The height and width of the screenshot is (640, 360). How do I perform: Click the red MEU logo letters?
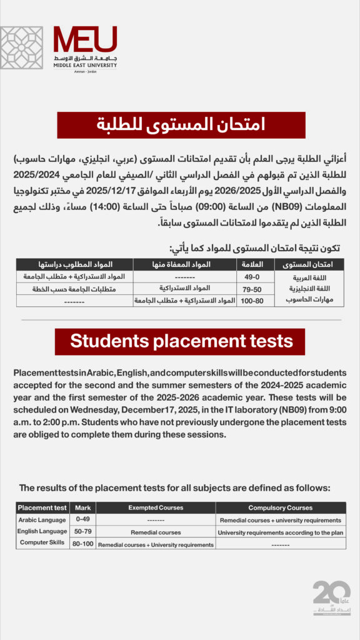(x=85, y=40)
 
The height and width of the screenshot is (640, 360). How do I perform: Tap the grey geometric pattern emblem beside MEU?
(x=22, y=47)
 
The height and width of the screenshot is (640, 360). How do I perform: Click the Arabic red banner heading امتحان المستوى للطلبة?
(x=181, y=125)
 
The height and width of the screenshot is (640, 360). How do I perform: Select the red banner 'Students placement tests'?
(x=180, y=341)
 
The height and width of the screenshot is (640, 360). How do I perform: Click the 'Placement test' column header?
(x=42, y=507)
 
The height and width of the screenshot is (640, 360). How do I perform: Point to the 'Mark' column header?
(x=82, y=507)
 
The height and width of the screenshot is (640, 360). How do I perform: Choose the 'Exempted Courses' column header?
(x=156, y=507)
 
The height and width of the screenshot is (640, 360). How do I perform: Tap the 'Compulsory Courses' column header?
(x=280, y=507)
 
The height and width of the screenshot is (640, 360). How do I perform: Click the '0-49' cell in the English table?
(x=82, y=520)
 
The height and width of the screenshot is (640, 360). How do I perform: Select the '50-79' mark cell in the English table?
(x=82, y=532)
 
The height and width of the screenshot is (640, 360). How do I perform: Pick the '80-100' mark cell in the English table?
(x=82, y=544)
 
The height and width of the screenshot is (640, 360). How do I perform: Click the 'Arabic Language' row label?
(x=42, y=519)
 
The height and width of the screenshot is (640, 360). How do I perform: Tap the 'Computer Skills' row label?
(x=42, y=542)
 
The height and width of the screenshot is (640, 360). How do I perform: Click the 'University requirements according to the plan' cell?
(x=280, y=532)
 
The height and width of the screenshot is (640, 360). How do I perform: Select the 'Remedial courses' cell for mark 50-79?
(x=156, y=532)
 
